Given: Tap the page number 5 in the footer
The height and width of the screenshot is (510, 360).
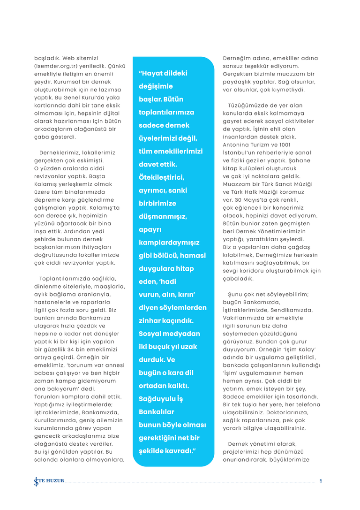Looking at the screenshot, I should click(321, 481).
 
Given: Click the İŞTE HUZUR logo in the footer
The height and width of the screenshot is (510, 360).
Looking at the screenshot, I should click(50, 481).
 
